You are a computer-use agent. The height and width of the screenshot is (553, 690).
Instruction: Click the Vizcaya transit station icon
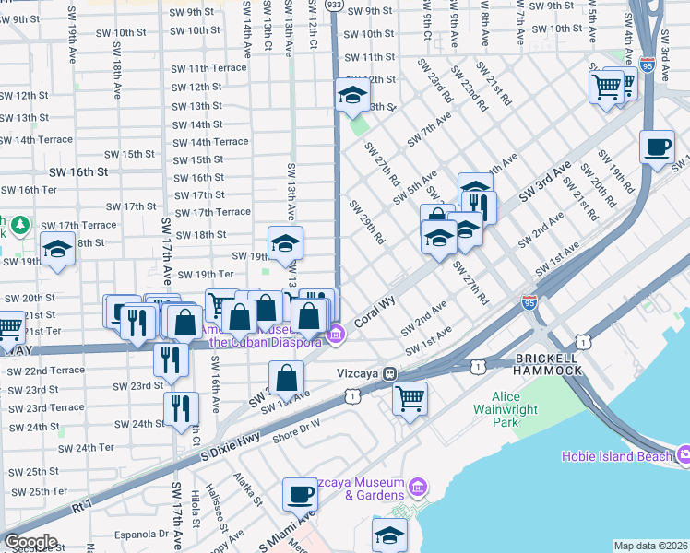tap(390, 374)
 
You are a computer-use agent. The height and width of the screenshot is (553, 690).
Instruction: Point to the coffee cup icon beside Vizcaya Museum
tap(299, 494)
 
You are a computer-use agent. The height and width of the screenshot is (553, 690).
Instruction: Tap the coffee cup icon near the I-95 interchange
tap(657, 147)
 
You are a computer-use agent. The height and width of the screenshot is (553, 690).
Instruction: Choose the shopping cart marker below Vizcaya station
tap(410, 398)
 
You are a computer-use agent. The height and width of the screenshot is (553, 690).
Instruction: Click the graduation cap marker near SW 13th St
tap(351, 94)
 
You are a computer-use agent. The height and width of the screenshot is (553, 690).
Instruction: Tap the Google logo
tap(30, 542)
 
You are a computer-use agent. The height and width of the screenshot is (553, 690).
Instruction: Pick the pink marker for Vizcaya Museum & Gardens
tap(417, 486)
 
